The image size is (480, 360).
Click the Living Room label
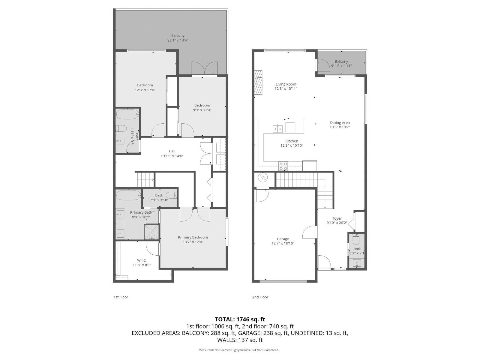pos(286,84)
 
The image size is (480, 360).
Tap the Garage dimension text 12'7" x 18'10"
pos(283,243)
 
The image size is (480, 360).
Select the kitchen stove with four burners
pos(283,166)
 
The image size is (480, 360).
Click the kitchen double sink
pos(278,129)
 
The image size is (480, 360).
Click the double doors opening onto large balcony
pos(204,68)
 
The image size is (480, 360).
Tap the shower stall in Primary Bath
pos(152,232)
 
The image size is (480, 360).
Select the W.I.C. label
pos(142,260)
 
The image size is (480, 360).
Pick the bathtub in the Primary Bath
pos(128,195)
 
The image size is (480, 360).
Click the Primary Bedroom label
pos(193,237)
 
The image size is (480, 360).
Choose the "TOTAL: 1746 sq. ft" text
pos(240,319)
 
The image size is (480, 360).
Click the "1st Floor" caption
pos(121,297)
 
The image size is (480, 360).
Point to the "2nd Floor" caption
pos(260,297)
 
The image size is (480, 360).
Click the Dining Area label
pos(340,122)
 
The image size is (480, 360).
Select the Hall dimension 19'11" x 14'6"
pos(172,156)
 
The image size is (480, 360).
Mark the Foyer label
pos(337,218)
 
